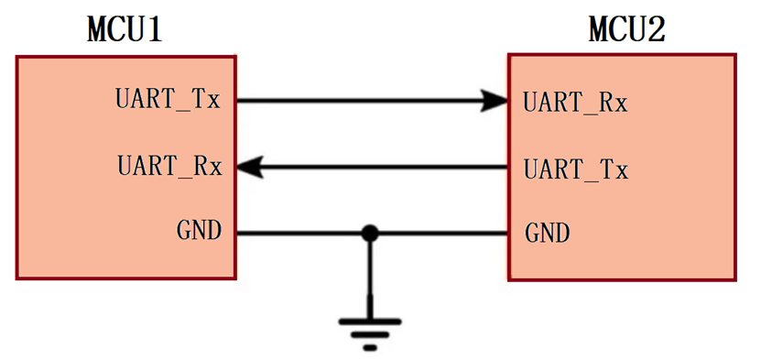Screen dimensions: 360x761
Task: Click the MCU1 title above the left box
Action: pos(125,30)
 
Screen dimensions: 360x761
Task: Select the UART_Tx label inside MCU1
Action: pos(169,98)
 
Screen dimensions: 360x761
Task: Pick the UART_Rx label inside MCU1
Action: pos(169,167)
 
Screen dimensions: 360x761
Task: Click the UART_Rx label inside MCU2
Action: pos(575,101)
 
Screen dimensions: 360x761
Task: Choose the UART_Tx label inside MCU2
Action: pos(575,169)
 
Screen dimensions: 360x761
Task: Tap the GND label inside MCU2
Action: pos(548,233)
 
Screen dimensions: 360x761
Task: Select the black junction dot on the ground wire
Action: pos(369,234)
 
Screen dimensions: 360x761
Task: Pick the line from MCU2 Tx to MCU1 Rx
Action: pos(385,167)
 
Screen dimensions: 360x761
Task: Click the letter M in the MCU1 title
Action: pos(98,30)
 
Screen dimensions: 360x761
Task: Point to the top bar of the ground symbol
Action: pos(370,321)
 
